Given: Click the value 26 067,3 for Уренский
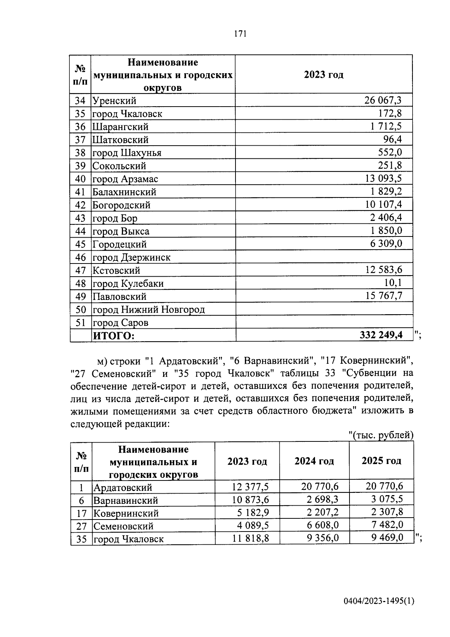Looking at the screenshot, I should click(x=382, y=100).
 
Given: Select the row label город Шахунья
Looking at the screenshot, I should click(x=127, y=153).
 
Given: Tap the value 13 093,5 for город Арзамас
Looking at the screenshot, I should click(x=383, y=178).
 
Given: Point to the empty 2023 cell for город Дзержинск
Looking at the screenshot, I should click(x=324, y=257).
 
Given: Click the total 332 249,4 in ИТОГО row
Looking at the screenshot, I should click(x=381, y=335).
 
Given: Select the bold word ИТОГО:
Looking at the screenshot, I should click(x=113, y=336).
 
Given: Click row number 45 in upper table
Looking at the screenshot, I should click(x=80, y=244).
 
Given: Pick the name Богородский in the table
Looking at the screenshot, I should click(x=121, y=205).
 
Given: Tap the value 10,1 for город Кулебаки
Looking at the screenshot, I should click(x=393, y=283).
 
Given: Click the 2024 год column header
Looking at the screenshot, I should click(x=314, y=461).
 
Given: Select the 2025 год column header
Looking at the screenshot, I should click(x=381, y=461).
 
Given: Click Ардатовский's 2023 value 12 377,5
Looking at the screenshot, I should click(x=250, y=487).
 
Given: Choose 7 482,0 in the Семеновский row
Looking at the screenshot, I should click(x=387, y=525).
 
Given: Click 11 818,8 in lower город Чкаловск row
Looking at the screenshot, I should click(x=250, y=538).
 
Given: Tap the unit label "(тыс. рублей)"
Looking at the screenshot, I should click(x=380, y=435).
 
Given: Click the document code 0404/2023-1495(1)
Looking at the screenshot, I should click(x=379, y=601).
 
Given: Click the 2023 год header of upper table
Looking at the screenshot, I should click(x=323, y=75).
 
